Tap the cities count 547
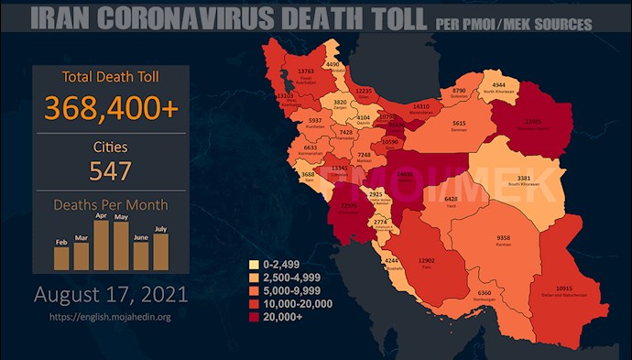click(x=110, y=170)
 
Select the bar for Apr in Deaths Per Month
click(x=101, y=244)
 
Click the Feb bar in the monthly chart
click(x=61, y=257)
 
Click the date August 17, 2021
click(x=111, y=296)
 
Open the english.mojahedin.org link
click(x=111, y=317)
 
